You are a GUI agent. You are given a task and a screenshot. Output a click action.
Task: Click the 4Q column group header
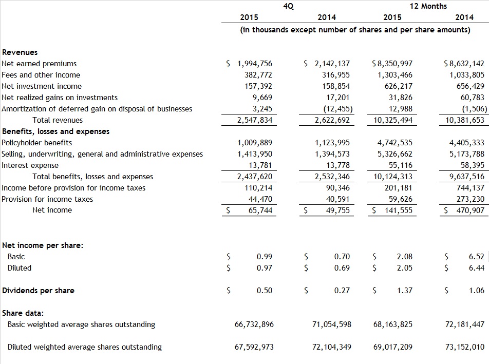(288, 6)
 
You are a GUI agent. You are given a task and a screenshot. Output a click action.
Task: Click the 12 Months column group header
(428, 6)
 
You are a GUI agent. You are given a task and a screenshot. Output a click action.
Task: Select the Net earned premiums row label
(39, 64)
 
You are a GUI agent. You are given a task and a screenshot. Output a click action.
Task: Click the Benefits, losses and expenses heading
(55, 131)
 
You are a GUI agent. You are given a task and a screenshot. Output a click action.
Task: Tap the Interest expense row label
(30, 165)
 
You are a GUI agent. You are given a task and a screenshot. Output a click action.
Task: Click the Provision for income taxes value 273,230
(471, 199)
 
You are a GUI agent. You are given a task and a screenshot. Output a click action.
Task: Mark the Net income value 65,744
(260, 210)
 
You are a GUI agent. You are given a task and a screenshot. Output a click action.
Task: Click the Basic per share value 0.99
(264, 257)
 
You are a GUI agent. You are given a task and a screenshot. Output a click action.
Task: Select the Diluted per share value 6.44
(476, 268)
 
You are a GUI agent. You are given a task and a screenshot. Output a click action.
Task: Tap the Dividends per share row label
(38, 291)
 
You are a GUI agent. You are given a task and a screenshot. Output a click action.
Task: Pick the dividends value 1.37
(404, 291)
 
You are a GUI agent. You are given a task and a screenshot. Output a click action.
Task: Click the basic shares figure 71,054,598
(331, 324)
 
